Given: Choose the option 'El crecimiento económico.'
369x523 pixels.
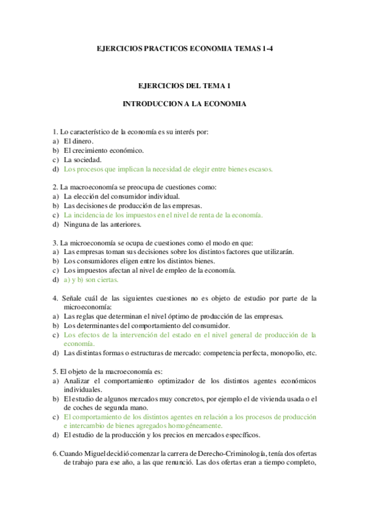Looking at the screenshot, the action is tap(103, 150).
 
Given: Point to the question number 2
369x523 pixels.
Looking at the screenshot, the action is tap(55, 187).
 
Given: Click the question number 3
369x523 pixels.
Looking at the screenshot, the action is tap(55, 243).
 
